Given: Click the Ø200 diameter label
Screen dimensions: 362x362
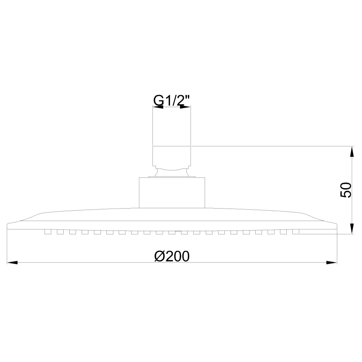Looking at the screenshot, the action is point(172,256).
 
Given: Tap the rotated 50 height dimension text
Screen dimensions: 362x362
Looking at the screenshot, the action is point(346,190).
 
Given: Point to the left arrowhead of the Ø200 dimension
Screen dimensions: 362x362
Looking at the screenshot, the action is point(12,263).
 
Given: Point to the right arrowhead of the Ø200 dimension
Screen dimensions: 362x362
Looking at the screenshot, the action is point(332,263).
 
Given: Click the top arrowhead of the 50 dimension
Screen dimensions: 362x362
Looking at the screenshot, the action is point(352,151).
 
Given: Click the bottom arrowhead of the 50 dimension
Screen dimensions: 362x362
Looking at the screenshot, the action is point(352,229).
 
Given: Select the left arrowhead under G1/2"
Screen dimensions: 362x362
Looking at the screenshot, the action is point(158,107).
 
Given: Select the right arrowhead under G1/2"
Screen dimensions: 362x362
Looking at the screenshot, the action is point(185,107).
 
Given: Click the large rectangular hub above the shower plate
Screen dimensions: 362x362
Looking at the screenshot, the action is point(172,193).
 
